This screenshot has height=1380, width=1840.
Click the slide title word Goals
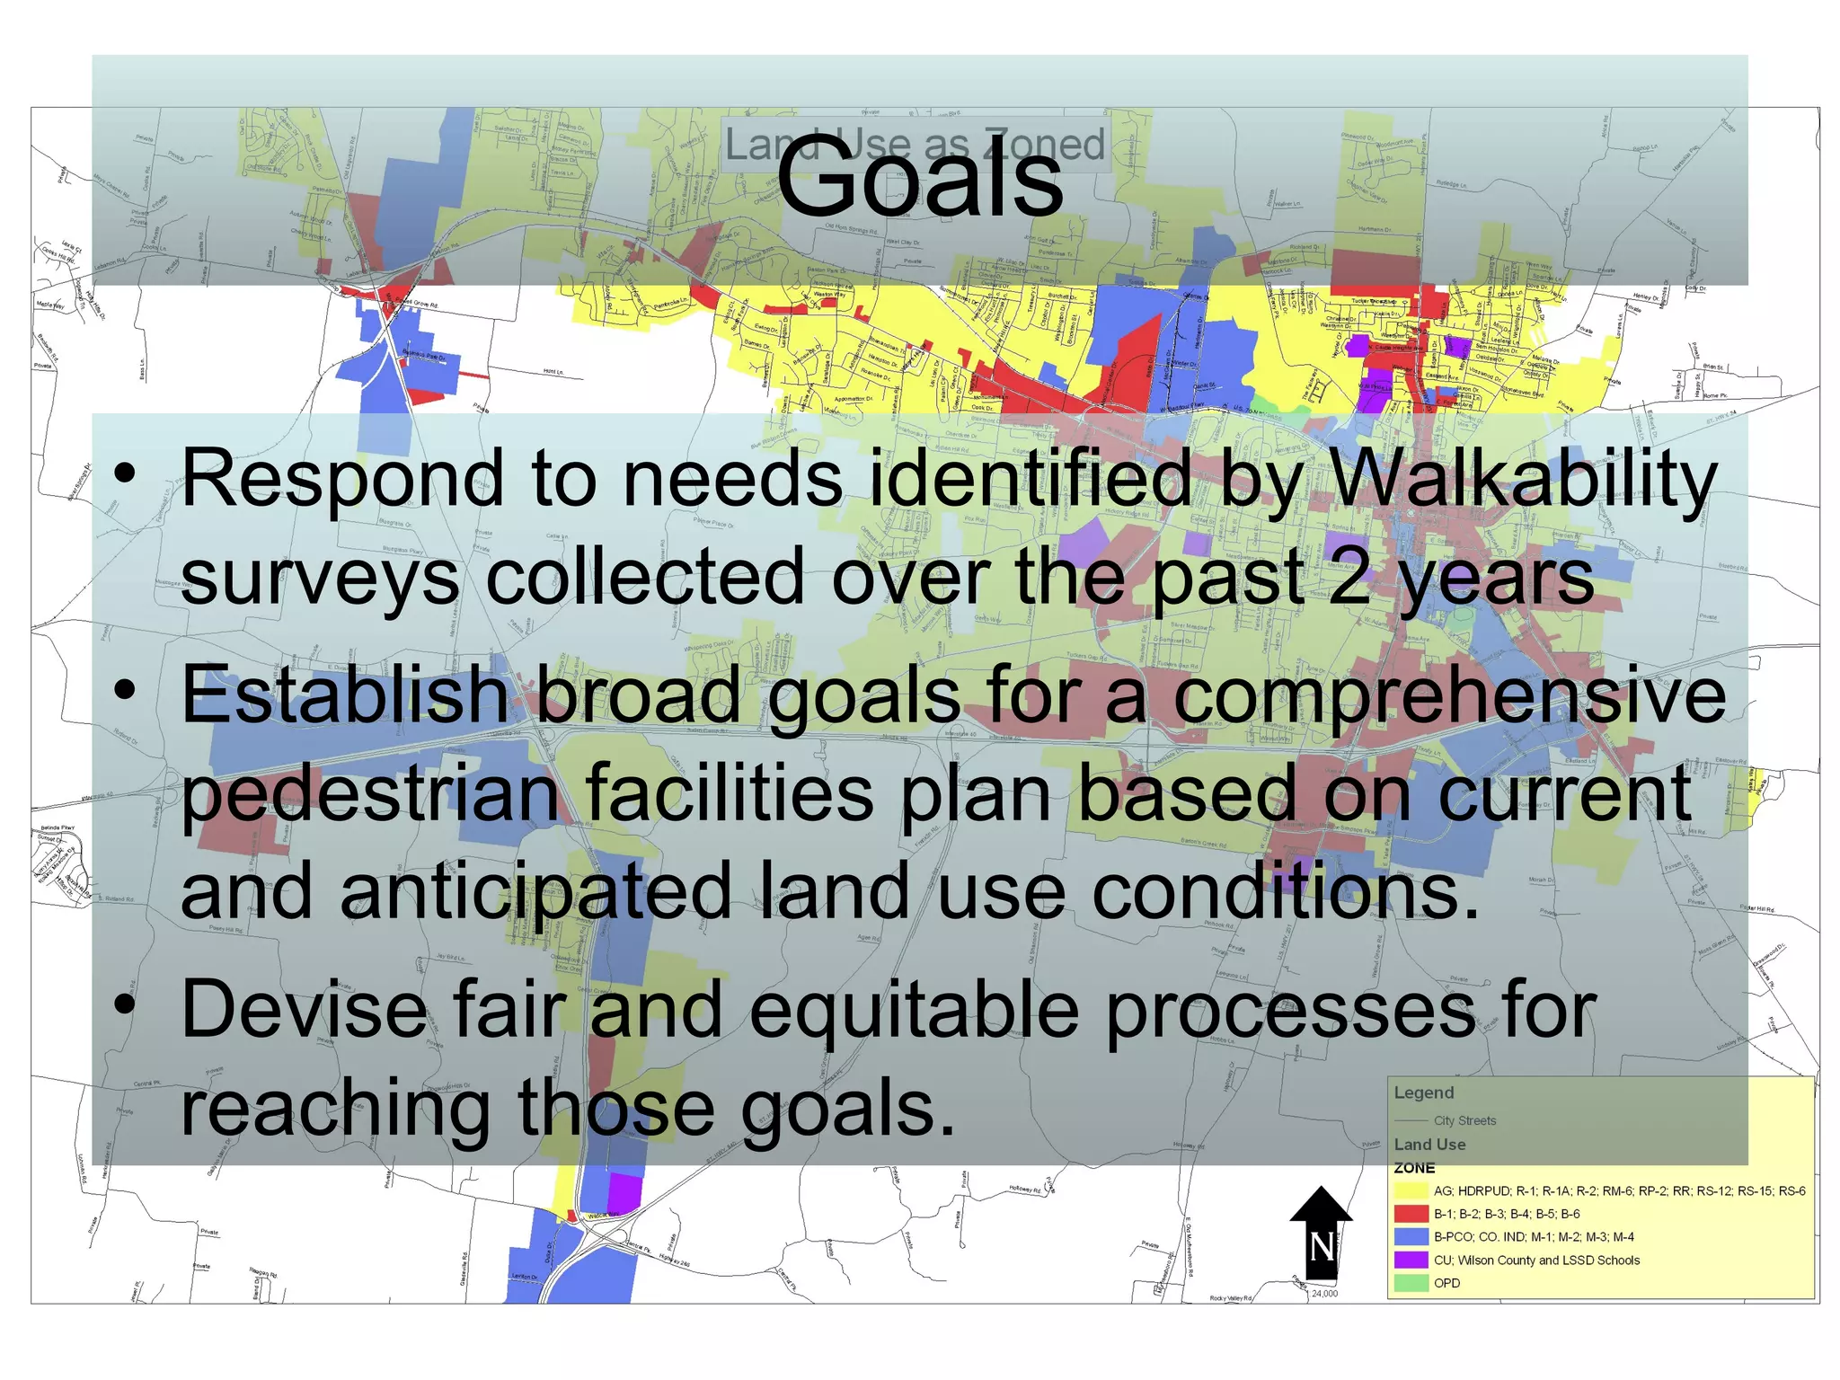(919, 180)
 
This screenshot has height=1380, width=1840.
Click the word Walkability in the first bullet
(1522, 478)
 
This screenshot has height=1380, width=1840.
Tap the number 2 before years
(1349, 577)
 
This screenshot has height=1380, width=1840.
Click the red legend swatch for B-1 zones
(1411, 1214)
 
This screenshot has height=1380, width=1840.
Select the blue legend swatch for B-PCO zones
(1411, 1237)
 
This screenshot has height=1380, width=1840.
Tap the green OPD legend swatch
(1411, 1283)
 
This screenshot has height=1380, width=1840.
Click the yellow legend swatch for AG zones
(1411, 1190)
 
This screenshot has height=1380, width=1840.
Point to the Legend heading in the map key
(1423, 1092)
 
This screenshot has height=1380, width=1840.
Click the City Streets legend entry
(1464, 1120)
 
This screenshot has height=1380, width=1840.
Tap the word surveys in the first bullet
(320, 579)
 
